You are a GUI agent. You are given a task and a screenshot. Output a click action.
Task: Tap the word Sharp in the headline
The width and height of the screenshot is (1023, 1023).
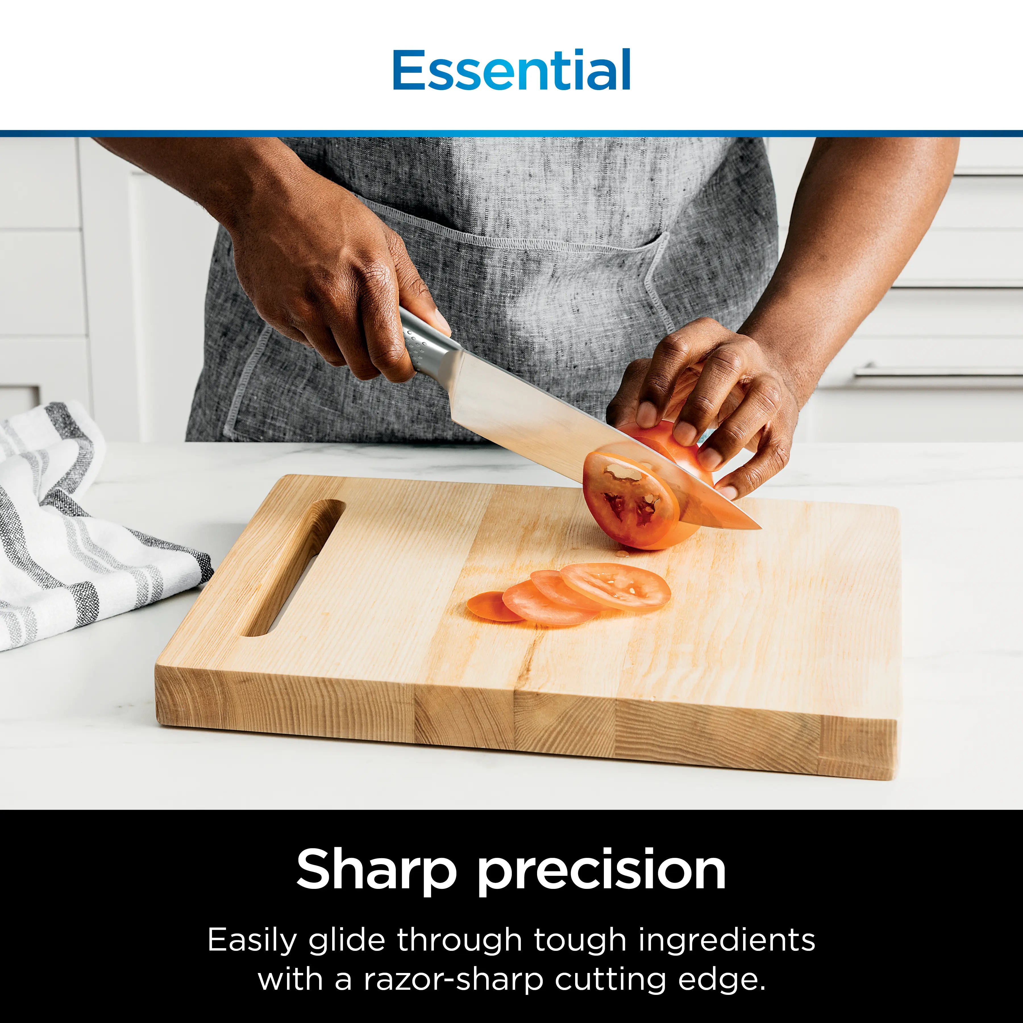pyautogui.click(x=376, y=870)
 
